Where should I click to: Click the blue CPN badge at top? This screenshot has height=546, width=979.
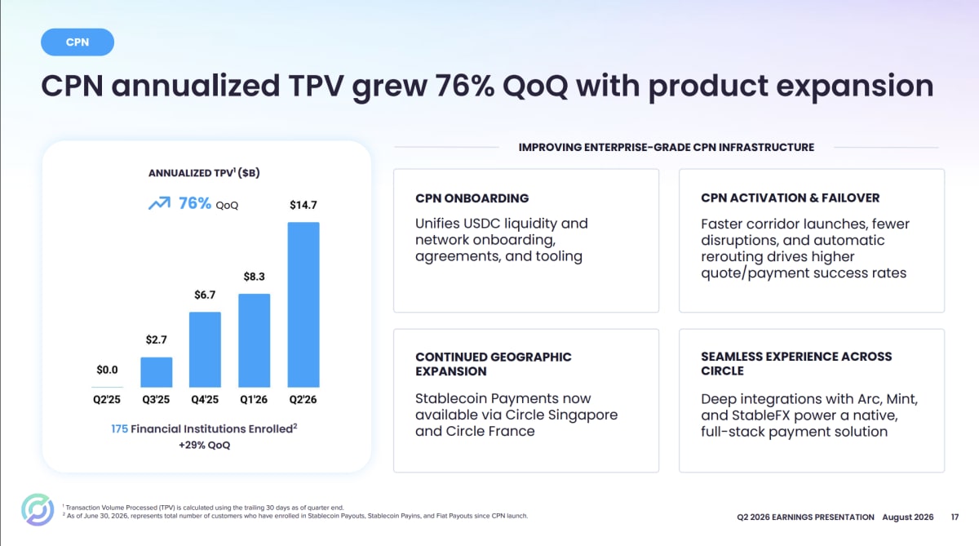[x=78, y=42]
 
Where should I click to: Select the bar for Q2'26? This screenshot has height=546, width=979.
[x=303, y=304]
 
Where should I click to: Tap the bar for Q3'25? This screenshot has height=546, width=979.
[x=156, y=372]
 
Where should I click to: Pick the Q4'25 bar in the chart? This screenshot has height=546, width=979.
[x=205, y=349]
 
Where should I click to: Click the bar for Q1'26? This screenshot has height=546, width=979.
[x=254, y=340]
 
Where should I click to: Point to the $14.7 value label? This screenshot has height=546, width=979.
[x=303, y=205]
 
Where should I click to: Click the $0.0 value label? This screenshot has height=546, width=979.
[x=107, y=370]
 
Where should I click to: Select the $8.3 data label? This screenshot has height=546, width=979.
[x=254, y=277]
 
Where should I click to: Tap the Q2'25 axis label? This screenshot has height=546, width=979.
[x=107, y=400]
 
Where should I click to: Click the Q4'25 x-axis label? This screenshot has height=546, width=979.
[x=205, y=400]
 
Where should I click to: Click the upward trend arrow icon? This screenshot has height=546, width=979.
[x=159, y=203]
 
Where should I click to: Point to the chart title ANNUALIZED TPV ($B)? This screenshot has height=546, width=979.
[x=204, y=173]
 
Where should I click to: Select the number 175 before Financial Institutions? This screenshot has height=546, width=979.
[x=119, y=428]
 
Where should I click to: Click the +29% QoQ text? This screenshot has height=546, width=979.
[x=204, y=445]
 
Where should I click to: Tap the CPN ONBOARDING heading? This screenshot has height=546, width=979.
[x=472, y=198]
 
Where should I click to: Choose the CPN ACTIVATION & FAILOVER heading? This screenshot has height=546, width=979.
[x=791, y=198]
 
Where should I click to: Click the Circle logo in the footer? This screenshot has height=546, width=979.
[x=38, y=510]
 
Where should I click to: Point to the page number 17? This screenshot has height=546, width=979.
[x=955, y=517]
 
